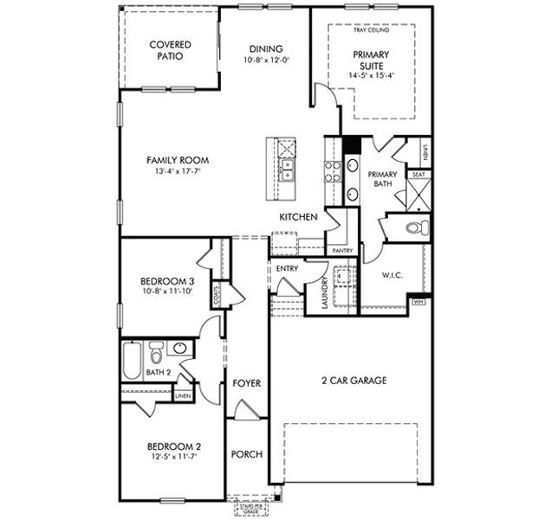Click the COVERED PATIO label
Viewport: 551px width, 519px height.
tap(170, 50)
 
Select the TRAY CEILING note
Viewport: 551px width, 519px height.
tap(371, 30)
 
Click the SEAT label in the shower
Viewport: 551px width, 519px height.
tap(418, 174)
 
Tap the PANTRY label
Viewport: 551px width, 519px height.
tap(342, 251)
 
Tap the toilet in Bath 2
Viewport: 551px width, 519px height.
tap(157, 352)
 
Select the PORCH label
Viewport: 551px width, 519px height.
tap(246, 454)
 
